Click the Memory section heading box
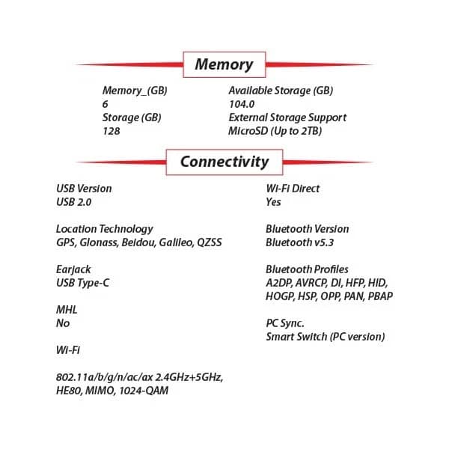click(224, 64)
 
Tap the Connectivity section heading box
click(224, 162)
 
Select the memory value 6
click(105, 104)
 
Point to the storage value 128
click(111, 131)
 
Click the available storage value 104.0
click(242, 104)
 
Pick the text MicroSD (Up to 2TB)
click(275, 131)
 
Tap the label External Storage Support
click(287, 117)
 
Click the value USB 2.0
click(74, 202)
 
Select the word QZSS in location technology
click(210, 242)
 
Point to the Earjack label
click(73, 269)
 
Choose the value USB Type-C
click(83, 283)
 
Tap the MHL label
click(67, 310)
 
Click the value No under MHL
click(63, 323)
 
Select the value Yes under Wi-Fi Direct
click(273, 202)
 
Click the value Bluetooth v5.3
click(299, 242)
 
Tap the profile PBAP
click(380, 296)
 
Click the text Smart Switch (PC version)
click(326, 337)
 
